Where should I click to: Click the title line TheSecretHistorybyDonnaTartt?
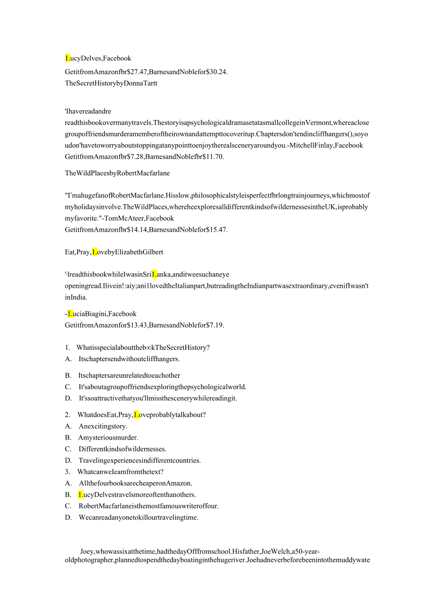click(x=111, y=84)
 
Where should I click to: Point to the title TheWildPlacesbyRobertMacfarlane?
click(x=117, y=173)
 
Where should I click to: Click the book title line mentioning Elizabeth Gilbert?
click(x=114, y=252)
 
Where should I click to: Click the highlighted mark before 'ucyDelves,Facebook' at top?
click(x=68, y=58)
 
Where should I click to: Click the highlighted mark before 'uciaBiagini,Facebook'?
click(x=70, y=313)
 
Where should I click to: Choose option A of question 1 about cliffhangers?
click(x=129, y=359)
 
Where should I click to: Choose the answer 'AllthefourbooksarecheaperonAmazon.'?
click(x=135, y=483)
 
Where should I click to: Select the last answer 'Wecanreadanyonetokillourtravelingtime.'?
click(x=138, y=517)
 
